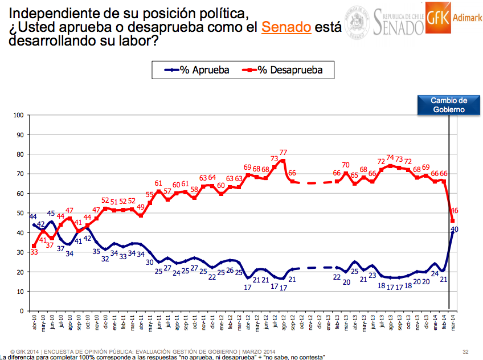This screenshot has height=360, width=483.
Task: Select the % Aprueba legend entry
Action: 197,70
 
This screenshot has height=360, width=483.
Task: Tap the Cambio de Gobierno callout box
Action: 448,104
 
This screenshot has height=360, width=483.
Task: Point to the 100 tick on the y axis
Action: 18,115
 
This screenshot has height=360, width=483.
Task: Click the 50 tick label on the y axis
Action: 19,213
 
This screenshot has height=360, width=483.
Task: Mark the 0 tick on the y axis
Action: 21,311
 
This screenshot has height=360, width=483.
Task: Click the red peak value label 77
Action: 283,152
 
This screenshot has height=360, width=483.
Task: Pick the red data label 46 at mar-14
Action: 454,211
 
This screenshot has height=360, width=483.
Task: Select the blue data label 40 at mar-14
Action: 455,229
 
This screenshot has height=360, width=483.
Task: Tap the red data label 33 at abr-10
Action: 34,253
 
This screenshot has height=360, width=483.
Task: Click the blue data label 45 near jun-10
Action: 51,215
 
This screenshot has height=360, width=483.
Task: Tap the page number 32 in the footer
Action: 465,351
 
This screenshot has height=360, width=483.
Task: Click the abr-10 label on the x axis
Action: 34,324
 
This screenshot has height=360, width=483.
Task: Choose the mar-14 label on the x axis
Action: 453,324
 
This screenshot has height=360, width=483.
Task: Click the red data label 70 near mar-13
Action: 346,165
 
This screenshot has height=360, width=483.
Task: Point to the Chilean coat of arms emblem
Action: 357,22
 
